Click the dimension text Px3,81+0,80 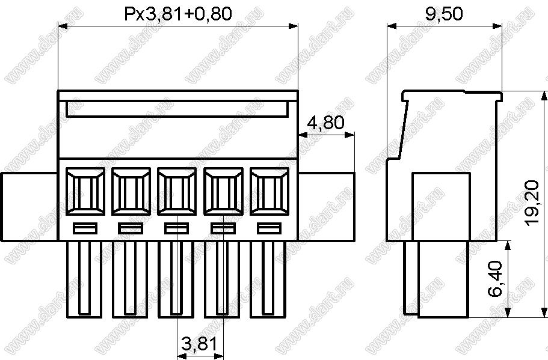point(178,14)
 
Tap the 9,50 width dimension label point(444,14)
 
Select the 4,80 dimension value point(325,123)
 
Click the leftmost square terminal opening point(85,191)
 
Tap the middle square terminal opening point(177,191)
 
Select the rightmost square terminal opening point(269,191)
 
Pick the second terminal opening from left point(131,191)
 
